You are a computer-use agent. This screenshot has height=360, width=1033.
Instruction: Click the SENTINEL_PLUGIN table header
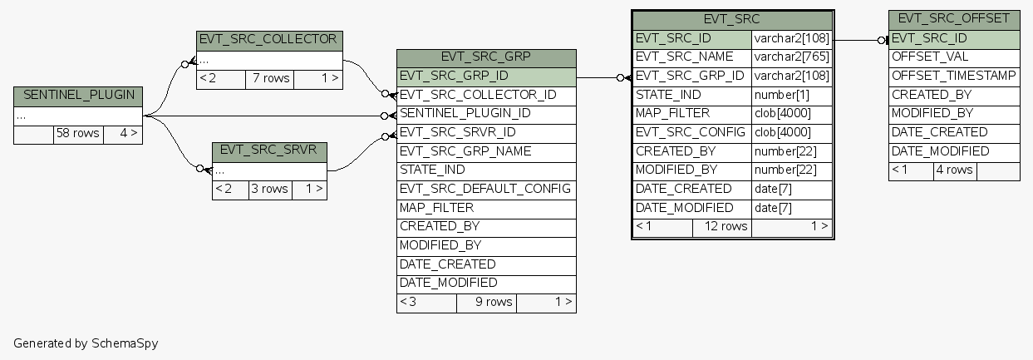click(78, 96)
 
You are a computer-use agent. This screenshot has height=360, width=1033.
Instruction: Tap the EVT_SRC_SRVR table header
click(269, 152)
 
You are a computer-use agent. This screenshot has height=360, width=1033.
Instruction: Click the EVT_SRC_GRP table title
click(486, 57)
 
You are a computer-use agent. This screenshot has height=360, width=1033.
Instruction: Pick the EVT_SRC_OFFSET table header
click(953, 19)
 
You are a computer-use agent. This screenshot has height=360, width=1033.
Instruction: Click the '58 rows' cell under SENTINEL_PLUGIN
click(78, 134)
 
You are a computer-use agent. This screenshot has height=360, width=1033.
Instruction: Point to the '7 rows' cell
click(271, 79)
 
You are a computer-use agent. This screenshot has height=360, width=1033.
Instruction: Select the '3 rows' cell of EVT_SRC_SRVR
click(269, 190)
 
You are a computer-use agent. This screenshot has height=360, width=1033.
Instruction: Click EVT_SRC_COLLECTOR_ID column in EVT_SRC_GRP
click(478, 96)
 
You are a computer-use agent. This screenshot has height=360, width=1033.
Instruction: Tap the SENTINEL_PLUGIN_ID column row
click(465, 114)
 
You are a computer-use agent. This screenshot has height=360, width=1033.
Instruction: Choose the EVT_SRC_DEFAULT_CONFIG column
click(485, 190)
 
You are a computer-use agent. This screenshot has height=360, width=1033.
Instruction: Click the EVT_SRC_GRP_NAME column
click(465, 152)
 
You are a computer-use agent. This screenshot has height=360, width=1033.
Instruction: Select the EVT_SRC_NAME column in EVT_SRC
click(685, 57)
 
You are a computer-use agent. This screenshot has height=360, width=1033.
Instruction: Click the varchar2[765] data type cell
click(791, 57)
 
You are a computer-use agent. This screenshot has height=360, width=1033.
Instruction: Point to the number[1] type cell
click(781, 96)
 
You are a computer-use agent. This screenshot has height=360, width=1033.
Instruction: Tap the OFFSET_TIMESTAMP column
click(953, 76)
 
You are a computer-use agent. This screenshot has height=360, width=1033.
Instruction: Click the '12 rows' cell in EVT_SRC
click(721, 227)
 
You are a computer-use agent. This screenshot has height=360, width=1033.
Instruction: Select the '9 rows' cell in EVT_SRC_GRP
click(486, 303)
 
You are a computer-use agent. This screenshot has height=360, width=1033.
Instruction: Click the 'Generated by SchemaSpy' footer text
click(86, 343)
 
